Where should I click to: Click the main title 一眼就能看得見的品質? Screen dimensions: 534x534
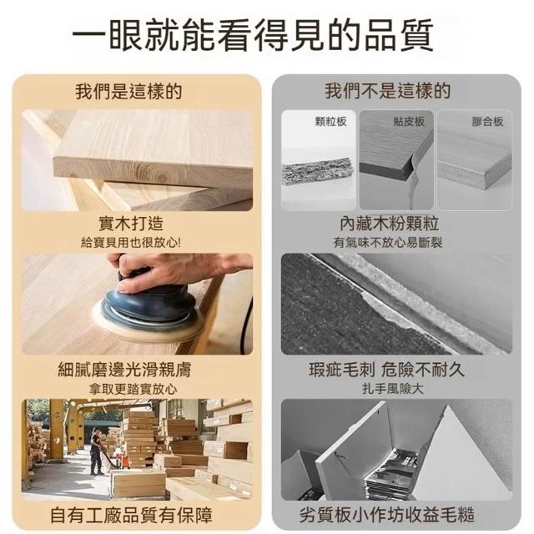[x=253, y=35]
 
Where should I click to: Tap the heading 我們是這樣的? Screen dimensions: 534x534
[x=128, y=91]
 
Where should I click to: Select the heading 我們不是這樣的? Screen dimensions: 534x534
[x=387, y=91]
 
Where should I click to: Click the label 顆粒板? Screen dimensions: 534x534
[x=330, y=122]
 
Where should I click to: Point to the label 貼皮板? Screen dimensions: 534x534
[x=409, y=122]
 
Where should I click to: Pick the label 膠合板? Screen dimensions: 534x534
[x=487, y=122]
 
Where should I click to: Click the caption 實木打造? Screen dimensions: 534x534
[x=131, y=224]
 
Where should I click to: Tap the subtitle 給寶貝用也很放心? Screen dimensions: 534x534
[x=131, y=243]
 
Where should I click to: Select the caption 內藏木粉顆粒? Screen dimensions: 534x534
[x=390, y=224]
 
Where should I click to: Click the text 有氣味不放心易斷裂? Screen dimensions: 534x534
[x=388, y=243]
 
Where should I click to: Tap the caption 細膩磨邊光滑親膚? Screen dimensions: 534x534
[x=124, y=370]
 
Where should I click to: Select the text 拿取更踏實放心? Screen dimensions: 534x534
[x=133, y=389]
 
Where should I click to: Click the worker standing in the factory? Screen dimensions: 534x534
[x=97, y=451]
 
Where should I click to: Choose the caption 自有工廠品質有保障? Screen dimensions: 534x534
[x=131, y=515]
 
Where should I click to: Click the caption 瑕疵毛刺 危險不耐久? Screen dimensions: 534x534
[x=387, y=370]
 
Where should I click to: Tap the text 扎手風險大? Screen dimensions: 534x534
[x=393, y=389]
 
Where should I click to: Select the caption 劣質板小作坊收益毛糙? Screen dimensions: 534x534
[x=387, y=515]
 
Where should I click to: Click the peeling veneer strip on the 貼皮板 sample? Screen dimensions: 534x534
[x=413, y=180]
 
